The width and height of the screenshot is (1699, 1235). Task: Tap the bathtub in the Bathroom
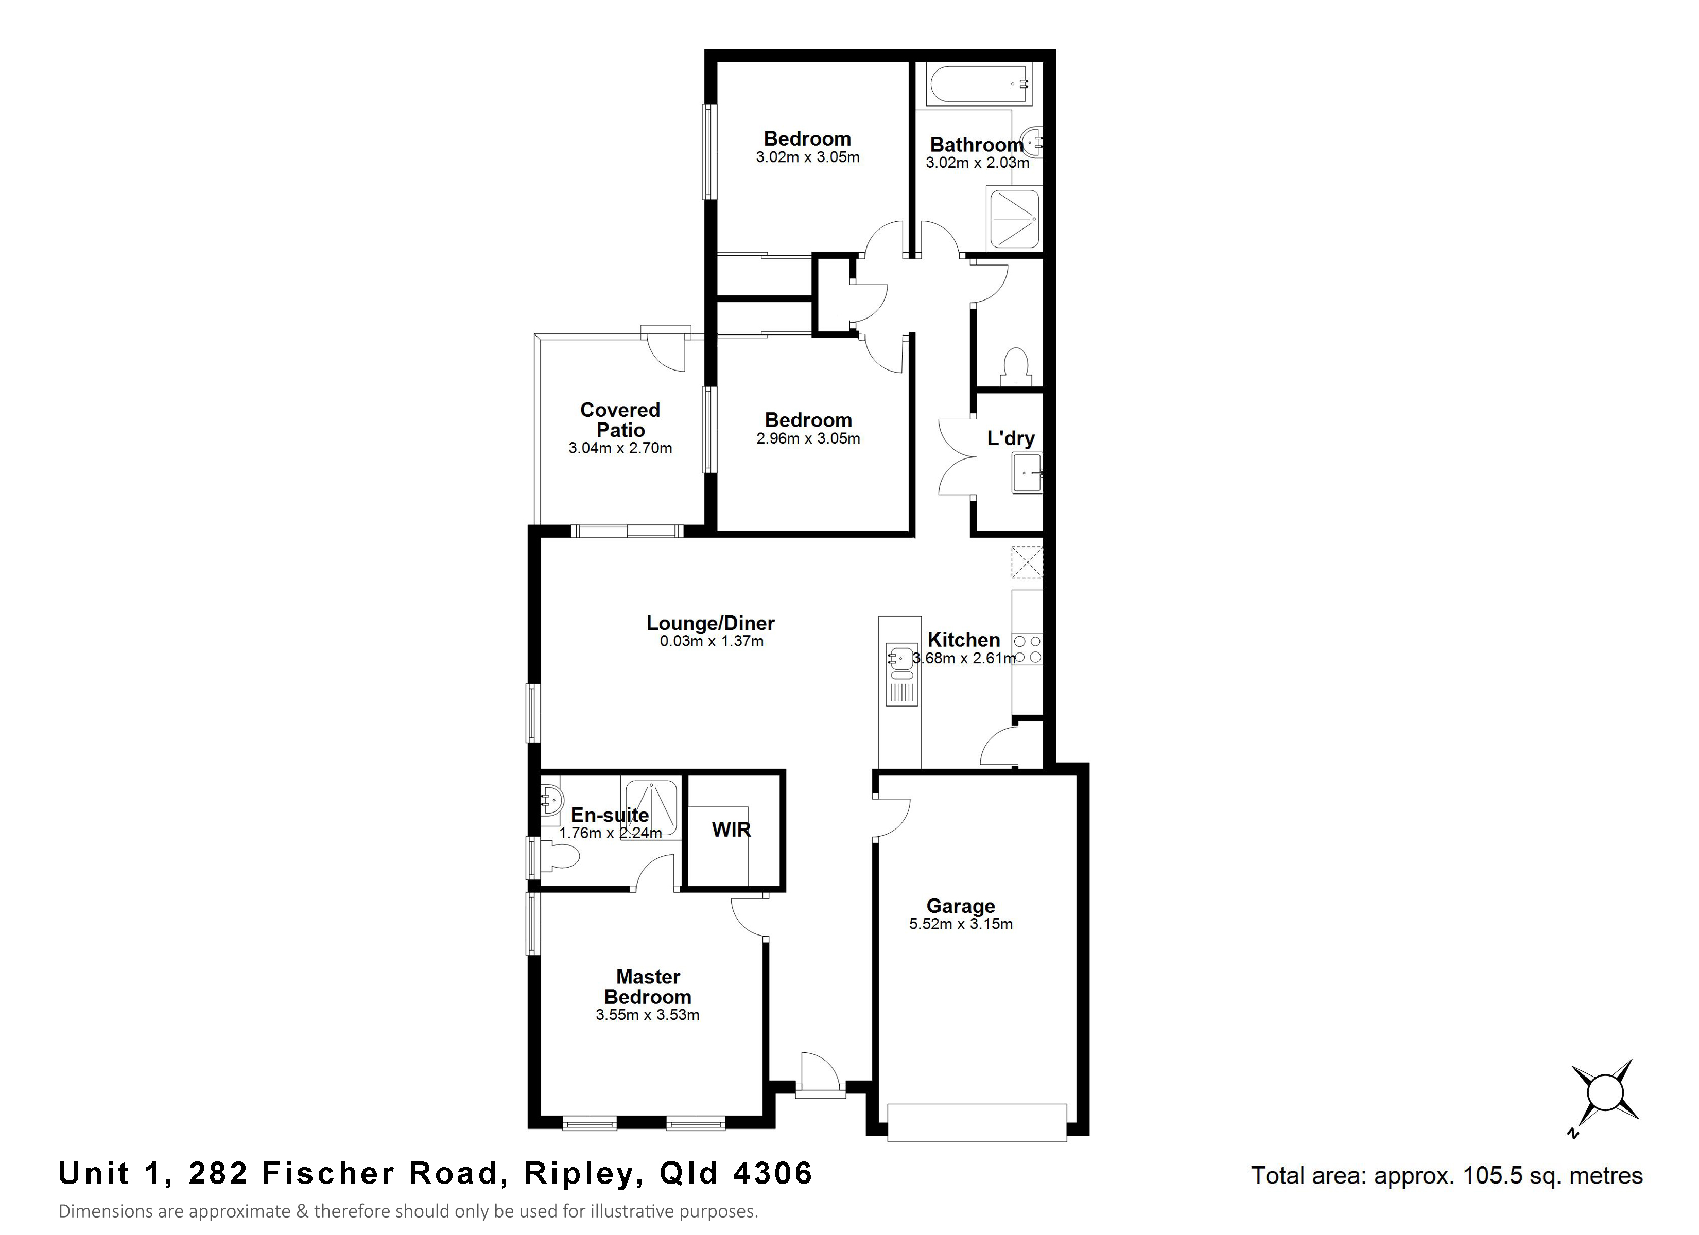[x=978, y=84]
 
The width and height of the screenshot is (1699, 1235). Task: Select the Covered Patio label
[x=620, y=419]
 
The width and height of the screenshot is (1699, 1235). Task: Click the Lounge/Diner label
[x=710, y=623]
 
